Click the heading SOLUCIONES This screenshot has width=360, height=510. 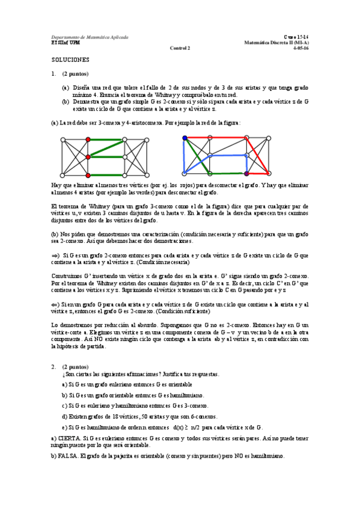pyautogui.click(x=70, y=60)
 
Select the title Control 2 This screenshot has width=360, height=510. pyautogui.click(x=179, y=49)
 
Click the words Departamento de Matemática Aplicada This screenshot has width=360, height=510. pyautogui.click(x=90, y=37)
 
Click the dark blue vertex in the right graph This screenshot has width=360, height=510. pyautogui.click(x=185, y=139)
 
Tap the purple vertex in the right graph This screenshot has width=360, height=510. pyautogui.click(x=246, y=174)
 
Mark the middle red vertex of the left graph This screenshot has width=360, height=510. pyautogui.click(x=88, y=157)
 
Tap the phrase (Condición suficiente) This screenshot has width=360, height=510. pyautogui.click(x=181, y=312)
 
